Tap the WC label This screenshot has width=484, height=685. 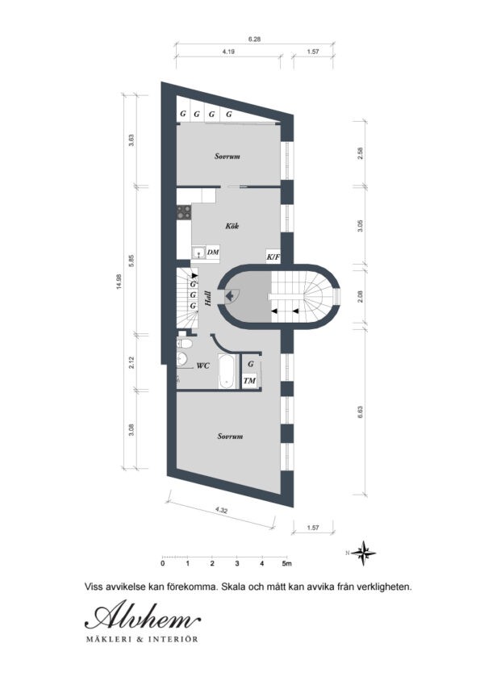click(203, 365)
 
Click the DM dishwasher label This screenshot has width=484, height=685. click(213, 253)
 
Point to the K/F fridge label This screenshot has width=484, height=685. click(273, 258)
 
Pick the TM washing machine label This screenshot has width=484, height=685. click(251, 380)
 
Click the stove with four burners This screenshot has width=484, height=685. click(186, 214)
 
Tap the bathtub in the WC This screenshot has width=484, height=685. click(228, 372)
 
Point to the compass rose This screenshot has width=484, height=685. click(366, 553)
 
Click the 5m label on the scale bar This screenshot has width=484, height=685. click(287, 563)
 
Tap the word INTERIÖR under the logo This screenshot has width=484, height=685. click(171, 640)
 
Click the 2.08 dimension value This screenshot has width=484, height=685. click(361, 295)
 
